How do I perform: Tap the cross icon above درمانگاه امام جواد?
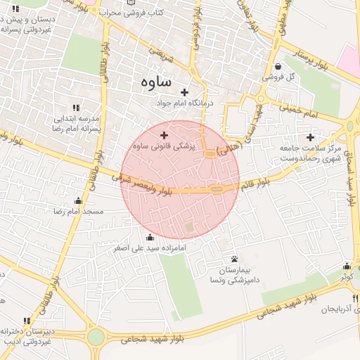coord(185,92)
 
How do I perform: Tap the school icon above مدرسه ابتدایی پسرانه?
coord(77,108)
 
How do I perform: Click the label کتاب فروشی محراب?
coord(138,13)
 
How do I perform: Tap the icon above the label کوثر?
coord(347,266)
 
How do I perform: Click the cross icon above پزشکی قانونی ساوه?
coord(165,135)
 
